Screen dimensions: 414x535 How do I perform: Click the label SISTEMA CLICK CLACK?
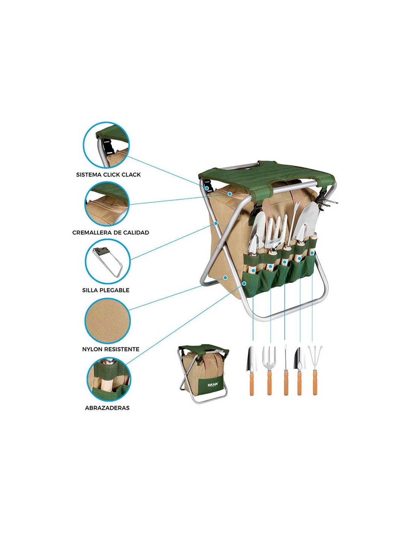coord(108,175)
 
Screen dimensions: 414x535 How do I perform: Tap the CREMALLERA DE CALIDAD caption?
coord(111,233)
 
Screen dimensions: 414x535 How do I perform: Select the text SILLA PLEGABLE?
coord(106,290)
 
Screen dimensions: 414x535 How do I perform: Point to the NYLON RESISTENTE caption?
coord(111,349)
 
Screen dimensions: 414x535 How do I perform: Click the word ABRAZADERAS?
coord(107,408)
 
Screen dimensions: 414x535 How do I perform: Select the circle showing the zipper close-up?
coord(107,204)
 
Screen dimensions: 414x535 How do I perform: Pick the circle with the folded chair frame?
coord(108,261)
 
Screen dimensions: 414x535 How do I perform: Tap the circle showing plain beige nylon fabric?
coord(107,321)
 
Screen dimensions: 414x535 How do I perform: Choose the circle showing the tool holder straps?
coord(109,379)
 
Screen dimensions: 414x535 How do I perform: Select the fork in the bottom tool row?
coord(269,371)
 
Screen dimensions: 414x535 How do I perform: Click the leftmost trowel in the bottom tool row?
coord(251,371)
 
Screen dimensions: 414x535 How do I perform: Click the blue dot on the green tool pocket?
coord(244,283)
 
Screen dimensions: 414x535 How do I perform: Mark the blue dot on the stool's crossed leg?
coord(216,223)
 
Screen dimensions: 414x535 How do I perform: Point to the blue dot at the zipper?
coord(230,194)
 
